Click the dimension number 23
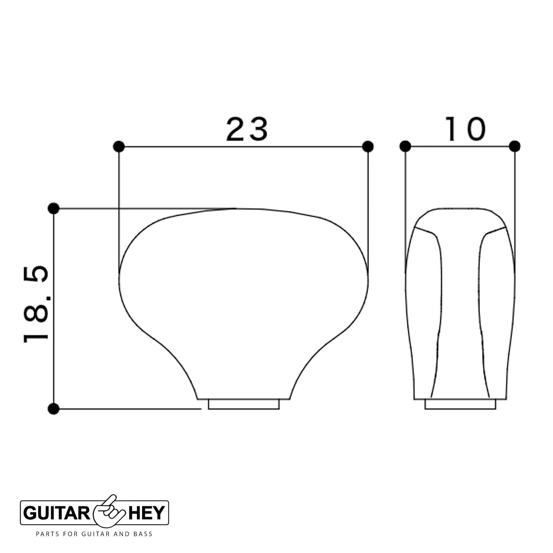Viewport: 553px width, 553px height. coord(247,129)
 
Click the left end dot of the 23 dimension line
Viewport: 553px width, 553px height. coord(119,147)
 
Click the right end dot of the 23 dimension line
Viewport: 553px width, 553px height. coord(368,147)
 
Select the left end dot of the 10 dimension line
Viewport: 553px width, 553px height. coord(405,146)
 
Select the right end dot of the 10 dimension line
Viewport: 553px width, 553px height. coord(515,146)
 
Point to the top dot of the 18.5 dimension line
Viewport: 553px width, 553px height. coord(54,208)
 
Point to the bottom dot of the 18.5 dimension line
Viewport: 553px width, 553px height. coord(54,409)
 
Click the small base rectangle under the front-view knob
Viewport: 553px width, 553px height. coord(244,405)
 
